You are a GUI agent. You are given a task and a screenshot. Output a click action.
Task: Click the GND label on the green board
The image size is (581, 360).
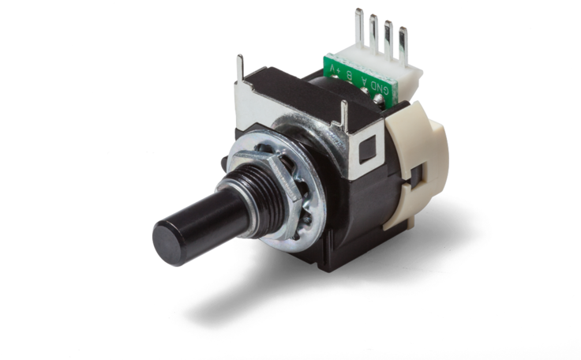[x=380, y=89]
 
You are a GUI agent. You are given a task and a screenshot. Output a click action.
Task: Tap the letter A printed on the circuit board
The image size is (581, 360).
[x=363, y=81]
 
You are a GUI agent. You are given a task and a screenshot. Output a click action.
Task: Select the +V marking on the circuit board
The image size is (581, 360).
[x=334, y=69]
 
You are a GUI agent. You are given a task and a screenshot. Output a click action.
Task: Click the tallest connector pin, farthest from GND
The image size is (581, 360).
[x=359, y=27]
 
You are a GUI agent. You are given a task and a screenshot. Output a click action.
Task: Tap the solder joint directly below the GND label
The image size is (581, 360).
[x=378, y=99]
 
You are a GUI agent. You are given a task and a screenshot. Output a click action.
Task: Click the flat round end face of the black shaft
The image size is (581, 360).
[x=167, y=243]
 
